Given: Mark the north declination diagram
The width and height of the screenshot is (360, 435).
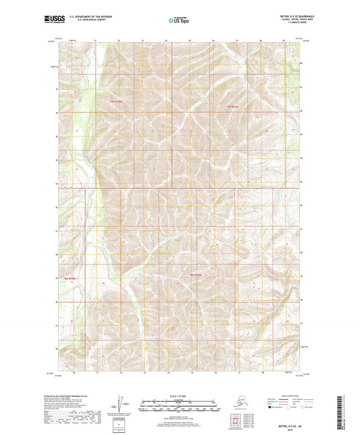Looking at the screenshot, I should [x=120, y=403].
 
